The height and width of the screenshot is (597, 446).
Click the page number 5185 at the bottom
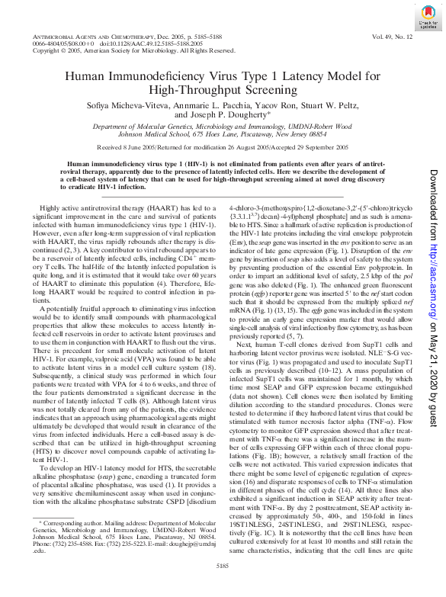click(223, 585)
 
